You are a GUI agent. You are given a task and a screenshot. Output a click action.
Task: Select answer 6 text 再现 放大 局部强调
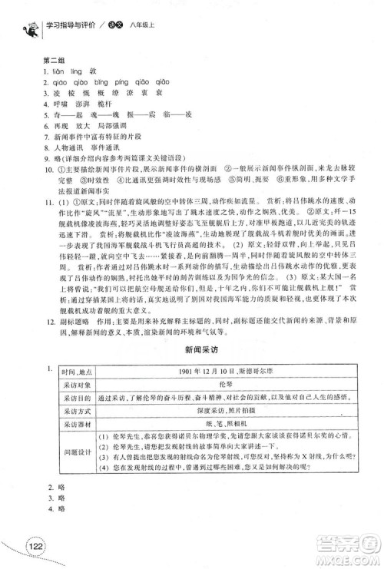click(89, 121)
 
